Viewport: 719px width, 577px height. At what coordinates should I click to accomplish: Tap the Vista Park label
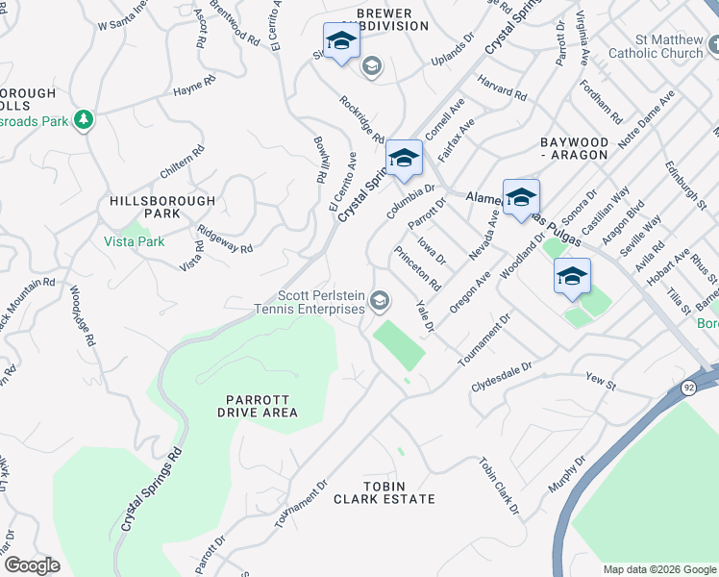pos(135,241)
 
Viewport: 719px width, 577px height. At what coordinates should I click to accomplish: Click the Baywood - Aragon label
pos(574,147)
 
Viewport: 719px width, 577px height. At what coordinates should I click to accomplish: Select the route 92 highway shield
pos(689,387)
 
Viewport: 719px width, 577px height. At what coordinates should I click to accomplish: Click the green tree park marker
pos(85,119)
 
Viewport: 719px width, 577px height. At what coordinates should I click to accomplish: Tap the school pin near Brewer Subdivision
pos(340,41)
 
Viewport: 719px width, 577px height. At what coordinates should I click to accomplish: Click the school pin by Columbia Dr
pos(404,159)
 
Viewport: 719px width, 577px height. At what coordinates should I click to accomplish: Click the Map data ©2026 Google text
pos(658,569)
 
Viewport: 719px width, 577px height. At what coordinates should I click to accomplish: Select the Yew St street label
pos(601,383)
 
